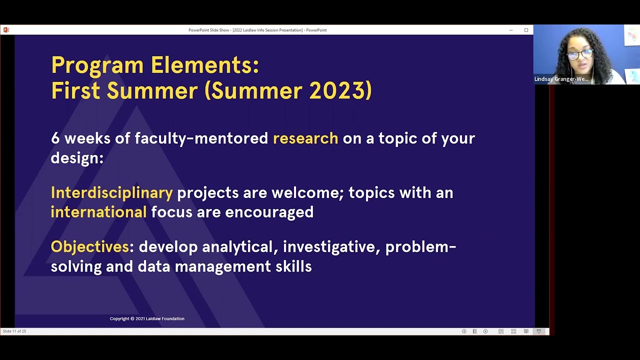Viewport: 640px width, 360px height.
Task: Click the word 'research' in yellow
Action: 305,138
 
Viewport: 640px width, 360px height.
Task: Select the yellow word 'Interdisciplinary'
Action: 111,193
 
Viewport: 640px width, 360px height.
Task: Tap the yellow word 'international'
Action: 98,212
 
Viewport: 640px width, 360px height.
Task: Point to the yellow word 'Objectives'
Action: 90,247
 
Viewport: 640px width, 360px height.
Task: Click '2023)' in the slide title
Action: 340,91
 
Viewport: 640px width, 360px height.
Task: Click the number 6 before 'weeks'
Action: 55,138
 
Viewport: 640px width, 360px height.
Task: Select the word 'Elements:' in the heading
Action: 205,65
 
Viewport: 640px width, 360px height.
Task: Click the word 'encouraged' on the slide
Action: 269,212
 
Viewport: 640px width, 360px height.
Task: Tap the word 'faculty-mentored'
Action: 201,138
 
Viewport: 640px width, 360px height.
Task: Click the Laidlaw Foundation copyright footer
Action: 147,318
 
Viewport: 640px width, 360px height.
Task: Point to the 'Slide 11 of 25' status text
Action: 14,331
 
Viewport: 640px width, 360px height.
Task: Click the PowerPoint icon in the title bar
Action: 6,30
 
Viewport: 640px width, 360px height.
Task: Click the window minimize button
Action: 511,30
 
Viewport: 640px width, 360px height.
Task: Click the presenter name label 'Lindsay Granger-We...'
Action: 561,79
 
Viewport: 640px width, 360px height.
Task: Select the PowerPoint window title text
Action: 257,30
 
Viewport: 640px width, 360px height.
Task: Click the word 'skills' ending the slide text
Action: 293,266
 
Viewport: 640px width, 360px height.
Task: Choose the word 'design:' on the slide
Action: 77,158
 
